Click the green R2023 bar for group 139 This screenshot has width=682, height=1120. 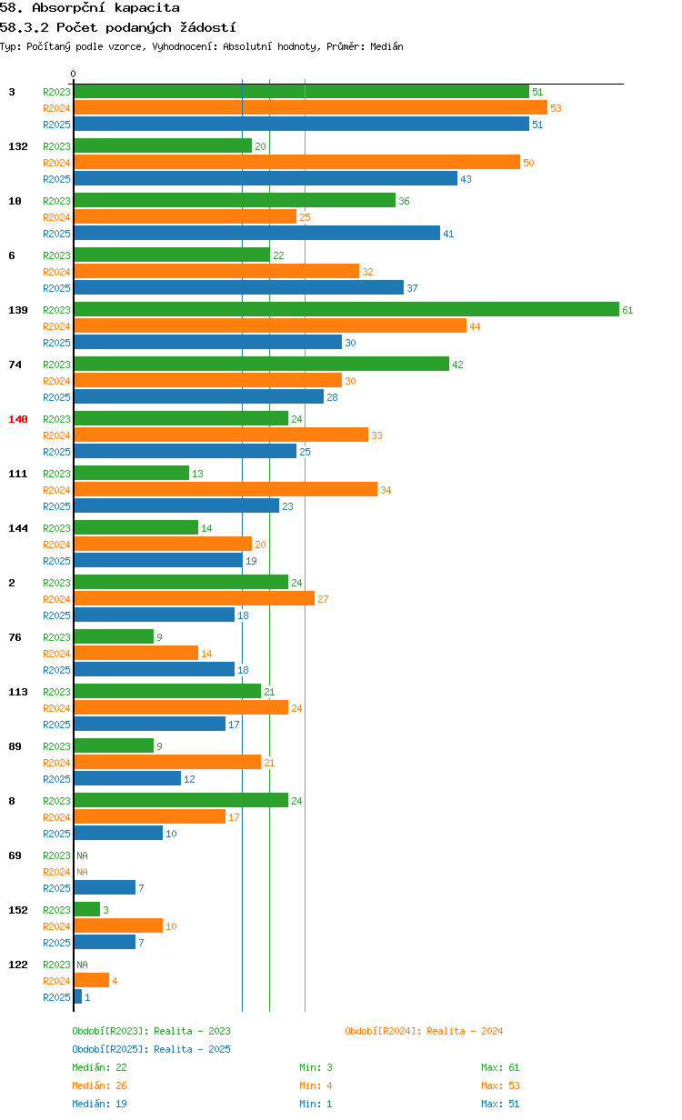[x=346, y=309]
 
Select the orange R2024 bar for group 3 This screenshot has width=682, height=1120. [x=310, y=107]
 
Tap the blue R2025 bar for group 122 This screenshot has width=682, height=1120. [x=78, y=996]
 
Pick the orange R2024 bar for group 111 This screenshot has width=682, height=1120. [x=226, y=489]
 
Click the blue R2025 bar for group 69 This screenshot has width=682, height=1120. [x=105, y=887]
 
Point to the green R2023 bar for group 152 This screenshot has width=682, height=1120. [x=87, y=909]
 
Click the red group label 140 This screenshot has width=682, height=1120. [x=18, y=419]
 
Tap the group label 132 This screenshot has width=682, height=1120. [x=18, y=146]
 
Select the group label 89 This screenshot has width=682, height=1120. [x=15, y=746]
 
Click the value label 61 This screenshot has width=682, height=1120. [x=627, y=310]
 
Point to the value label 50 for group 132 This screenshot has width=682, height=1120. [x=528, y=163]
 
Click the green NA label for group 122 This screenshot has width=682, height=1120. [x=82, y=965]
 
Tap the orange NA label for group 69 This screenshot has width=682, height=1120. [x=82, y=872]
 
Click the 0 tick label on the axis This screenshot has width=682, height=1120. [x=73, y=74]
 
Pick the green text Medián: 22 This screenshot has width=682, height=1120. [x=99, y=1067]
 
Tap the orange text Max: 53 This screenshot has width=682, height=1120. [x=500, y=1085]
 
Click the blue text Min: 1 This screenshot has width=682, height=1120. [x=316, y=1104]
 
